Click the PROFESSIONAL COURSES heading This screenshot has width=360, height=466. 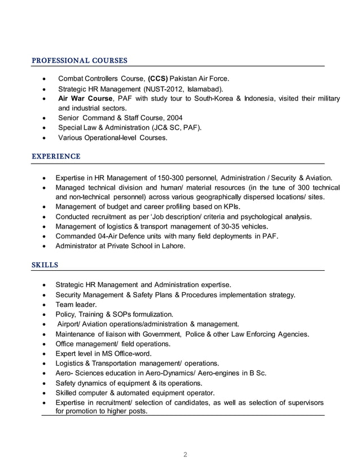79,60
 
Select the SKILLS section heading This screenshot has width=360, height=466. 45,264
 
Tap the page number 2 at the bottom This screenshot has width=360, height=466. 185,454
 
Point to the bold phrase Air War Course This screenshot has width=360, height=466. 85,98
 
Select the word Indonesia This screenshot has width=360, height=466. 262,98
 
